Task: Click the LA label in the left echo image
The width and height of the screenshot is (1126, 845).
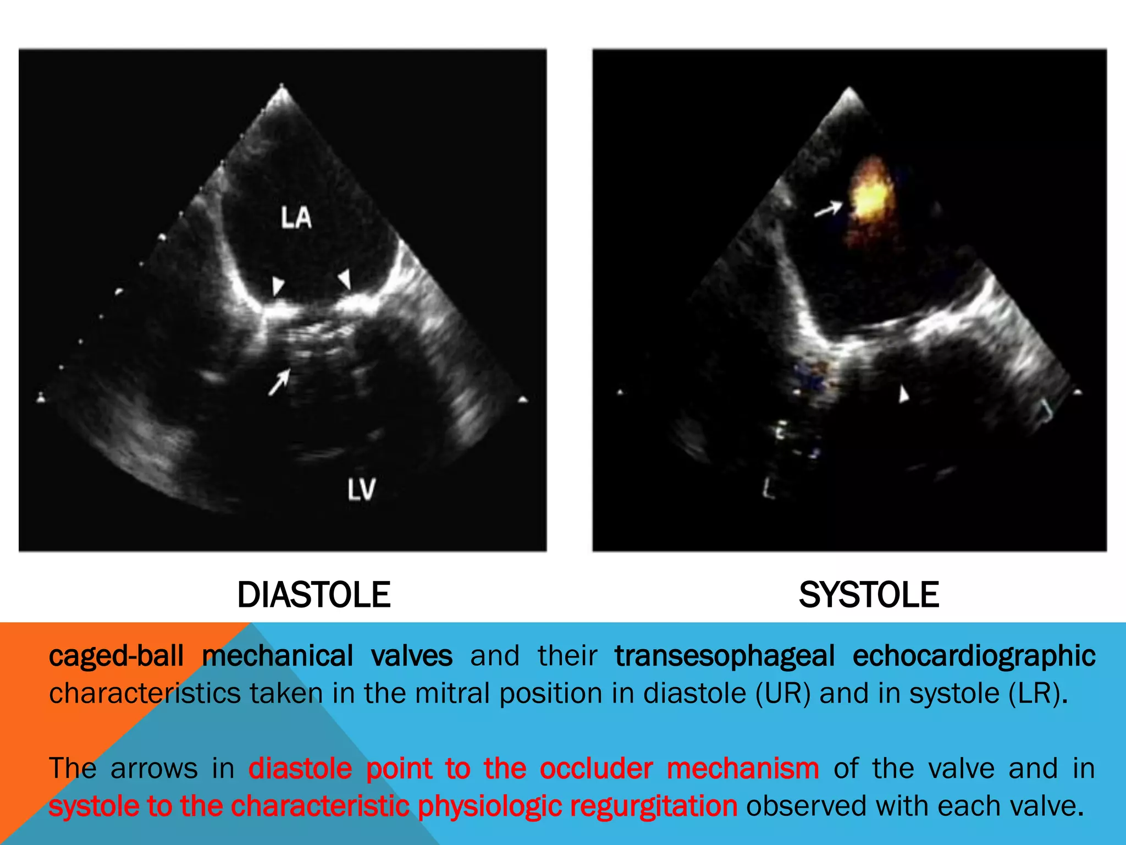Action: point(296,218)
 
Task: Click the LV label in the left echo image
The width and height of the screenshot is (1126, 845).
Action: point(361,489)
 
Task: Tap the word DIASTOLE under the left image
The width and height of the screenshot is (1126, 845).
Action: point(313,595)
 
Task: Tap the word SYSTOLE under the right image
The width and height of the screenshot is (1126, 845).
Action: point(869,595)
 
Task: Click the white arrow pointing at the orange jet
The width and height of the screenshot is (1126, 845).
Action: point(828,209)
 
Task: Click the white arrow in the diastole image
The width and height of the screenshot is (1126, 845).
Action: point(279,382)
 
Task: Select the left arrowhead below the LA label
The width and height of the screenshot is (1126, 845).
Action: point(278,286)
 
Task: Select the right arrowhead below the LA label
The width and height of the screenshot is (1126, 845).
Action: point(345,278)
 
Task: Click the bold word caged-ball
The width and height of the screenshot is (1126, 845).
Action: point(116,656)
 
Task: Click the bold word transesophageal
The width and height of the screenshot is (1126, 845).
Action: point(725,656)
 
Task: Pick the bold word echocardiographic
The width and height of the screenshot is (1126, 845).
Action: point(974,656)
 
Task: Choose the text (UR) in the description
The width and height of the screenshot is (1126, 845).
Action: point(783,693)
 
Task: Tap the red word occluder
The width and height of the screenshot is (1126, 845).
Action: point(596,769)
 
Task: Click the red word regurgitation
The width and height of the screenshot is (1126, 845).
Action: point(654,806)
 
